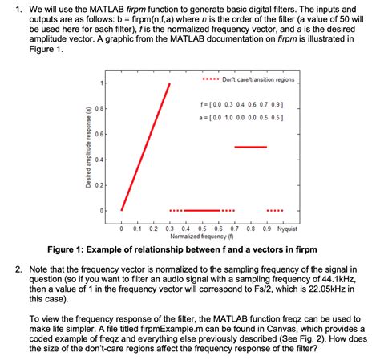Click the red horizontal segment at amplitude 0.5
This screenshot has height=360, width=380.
249,147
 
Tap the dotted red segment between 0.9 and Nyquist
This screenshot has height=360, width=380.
274,210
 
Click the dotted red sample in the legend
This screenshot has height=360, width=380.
210,80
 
